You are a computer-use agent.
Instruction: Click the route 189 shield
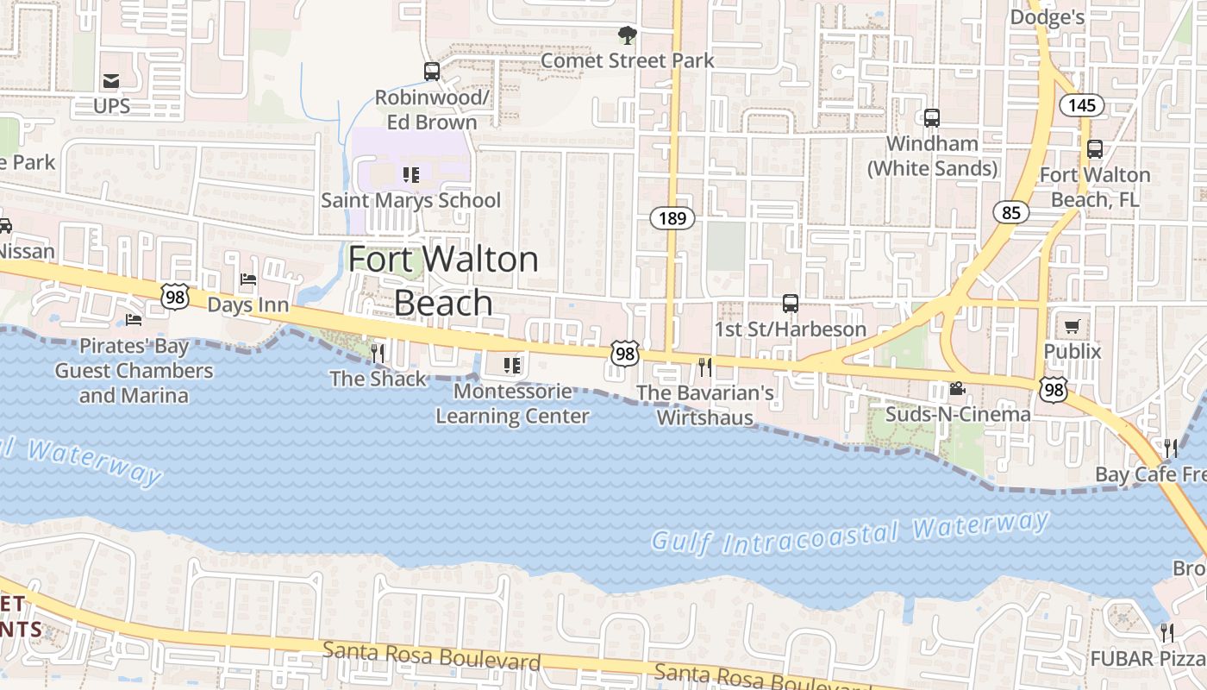[x=672, y=218]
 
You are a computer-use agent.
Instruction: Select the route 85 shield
[x=1010, y=211]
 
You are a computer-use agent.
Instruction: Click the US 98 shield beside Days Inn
[x=175, y=296]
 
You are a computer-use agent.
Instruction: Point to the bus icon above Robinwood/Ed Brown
[x=432, y=72]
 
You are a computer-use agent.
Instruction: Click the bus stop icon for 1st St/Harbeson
[x=790, y=304]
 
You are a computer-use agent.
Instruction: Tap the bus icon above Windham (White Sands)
[x=932, y=118]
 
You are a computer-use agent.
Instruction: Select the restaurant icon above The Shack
[x=377, y=353]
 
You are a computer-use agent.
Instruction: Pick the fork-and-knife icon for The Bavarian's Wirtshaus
[x=705, y=367]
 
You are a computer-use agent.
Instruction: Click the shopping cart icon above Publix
[x=1072, y=326]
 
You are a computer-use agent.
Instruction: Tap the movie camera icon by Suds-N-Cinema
[x=957, y=389]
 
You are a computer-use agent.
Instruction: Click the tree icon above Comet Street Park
[x=627, y=35]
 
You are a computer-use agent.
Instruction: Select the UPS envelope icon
[x=111, y=81]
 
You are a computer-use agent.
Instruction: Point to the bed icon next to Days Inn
[x=248, y=279]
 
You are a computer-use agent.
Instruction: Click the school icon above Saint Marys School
[x=410, y=175]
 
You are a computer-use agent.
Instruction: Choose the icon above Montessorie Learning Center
[x=512, y=366]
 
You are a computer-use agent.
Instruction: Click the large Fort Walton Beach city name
[x=443, y=280]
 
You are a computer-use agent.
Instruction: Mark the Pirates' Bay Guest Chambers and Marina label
[x=134, y=371]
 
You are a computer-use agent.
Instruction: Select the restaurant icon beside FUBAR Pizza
[x=1167, y=632]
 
